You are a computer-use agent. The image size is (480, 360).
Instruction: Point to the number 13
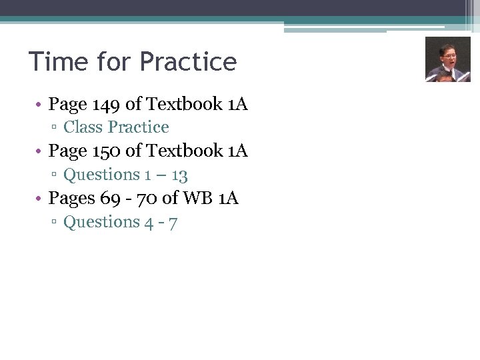179,175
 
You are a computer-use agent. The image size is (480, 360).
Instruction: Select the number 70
150,199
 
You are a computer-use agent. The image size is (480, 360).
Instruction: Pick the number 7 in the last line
173,223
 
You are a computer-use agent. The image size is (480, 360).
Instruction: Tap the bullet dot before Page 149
40,105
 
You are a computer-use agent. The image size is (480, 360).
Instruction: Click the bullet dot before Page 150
40,153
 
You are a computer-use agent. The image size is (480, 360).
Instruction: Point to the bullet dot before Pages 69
40,199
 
